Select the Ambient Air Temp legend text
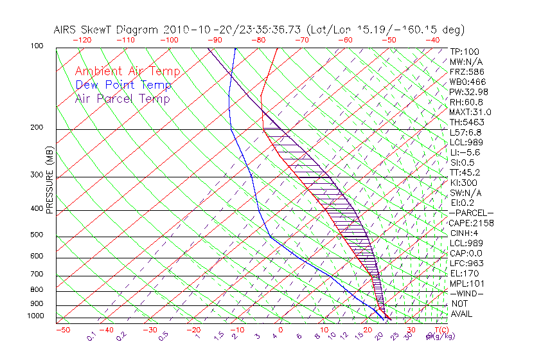pyautogui.click(x=127, y=72)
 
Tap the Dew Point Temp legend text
pyautogui.click(x=123, y=85)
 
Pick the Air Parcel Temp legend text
pyautogui.click(x=122, y=99)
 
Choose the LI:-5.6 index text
pyautogui.click(x=464, y=152)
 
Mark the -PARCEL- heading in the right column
pyautogui.click(x=471, y=213)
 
